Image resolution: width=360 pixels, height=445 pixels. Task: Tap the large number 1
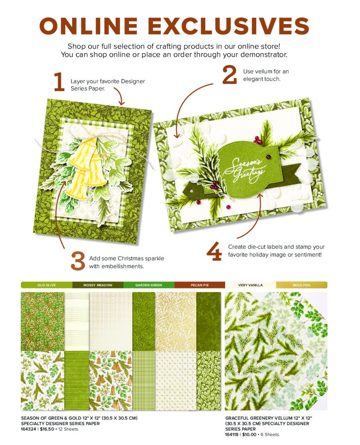59,82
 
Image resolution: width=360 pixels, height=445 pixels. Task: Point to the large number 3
78,261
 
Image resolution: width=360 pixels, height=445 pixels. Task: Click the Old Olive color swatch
46,285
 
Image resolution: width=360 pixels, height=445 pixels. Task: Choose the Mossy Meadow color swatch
98,285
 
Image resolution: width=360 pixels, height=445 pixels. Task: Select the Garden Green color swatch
149,285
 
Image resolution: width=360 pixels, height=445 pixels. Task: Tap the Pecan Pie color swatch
200,285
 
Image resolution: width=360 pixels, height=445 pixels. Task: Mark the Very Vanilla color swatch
251,285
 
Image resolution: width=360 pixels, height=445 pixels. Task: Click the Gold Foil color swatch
302,285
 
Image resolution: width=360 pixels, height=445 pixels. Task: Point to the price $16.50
47,429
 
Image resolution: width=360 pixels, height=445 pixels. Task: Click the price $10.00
249,434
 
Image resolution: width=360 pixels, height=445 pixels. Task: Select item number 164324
28,429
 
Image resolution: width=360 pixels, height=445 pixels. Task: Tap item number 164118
231,434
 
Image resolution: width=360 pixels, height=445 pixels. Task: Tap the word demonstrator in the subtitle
264,55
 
